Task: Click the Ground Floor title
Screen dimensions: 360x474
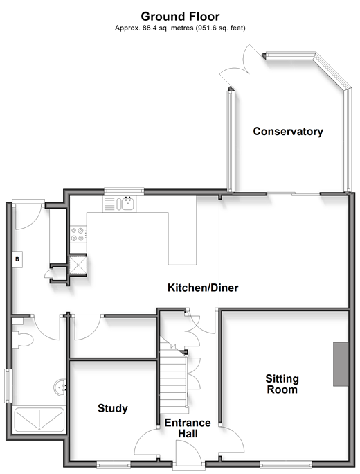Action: pyautogui.click(x=180, y=17)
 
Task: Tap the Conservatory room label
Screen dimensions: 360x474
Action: pyautogui.click(x=288, y=131)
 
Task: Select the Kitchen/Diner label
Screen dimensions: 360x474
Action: pyautogui.click(x=203, y=288)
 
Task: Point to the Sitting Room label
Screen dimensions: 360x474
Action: pyautogui.click(x=282, y=384)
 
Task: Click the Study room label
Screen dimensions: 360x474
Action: pyautogui.click(x=113, y=408)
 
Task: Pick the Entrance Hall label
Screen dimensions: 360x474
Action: pyautogui.click(x=188, y=428)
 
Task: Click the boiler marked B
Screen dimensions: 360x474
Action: pyautogui.click(x=17, y=259)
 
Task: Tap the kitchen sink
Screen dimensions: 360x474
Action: pyautogui.click(x=128, y=203)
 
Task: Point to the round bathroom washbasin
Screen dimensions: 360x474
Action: pyautogui.click(x=60, y=387)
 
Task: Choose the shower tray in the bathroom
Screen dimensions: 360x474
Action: pyautogui.click(x=39, y=419)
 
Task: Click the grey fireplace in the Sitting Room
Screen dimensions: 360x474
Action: pyautogui.click(x=341, y=364)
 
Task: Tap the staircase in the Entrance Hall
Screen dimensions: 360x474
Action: pyautogui.click(x=173, y=375)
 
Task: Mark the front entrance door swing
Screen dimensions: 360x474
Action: pyautogui.click(x=188, y=451)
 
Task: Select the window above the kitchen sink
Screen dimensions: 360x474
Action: pyautogui.click(x=124, y=191)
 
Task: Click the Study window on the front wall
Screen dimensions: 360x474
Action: pyautogui.click(x=114, y=464)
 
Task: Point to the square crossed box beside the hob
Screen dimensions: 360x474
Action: pyautogui.click(x=78, y=265)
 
